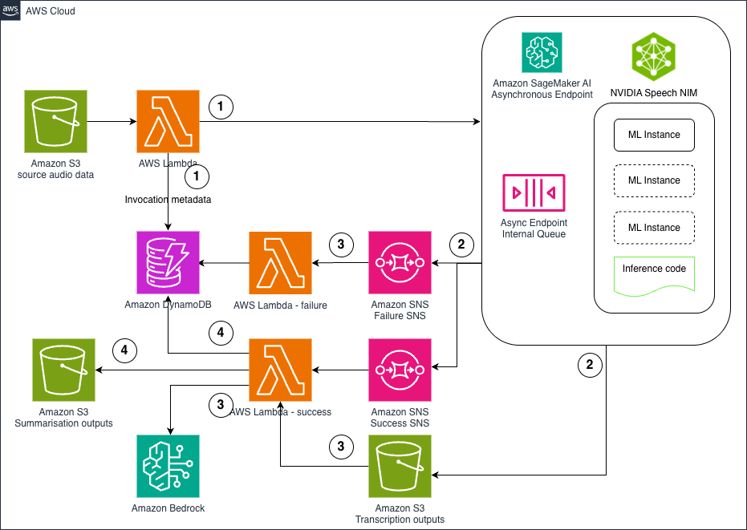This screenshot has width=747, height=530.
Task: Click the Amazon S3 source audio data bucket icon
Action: pyautogui.click(x=55, y=122)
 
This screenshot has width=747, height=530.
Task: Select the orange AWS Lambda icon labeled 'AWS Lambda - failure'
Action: pyautogui.click(x=280, y=263)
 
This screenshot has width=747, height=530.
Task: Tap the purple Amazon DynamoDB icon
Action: pyautogui.click(x=168, y=263)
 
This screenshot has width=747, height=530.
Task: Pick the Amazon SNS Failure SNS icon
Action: pyautogui.click(x=400, y=263)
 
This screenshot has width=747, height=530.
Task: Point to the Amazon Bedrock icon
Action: pyautogui.click(x=168, y=467)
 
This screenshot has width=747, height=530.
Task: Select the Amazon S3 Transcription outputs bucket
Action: pyautogui.click(x=400, y=467)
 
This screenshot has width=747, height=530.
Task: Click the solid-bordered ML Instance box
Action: pyautogui.click(x=653, y=135)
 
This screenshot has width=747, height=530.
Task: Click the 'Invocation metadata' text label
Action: pyautogui.click(x=168, y=199)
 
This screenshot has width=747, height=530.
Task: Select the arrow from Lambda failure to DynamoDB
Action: pyautogui.click(x=224, y=263)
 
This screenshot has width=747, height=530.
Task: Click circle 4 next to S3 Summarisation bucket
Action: pyautogui.click(x=124, y=350)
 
